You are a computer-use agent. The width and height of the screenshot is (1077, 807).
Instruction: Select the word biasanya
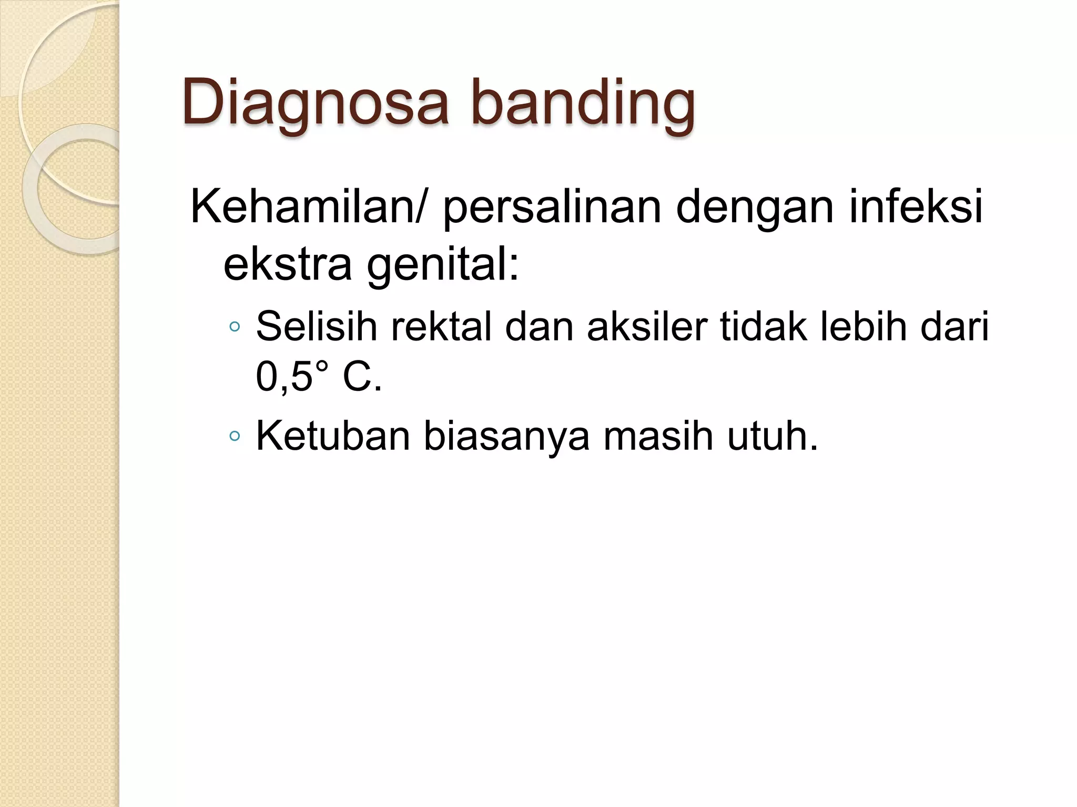click(x=506, y=437)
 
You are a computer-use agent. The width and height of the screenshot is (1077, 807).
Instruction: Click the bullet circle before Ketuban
click(x=235, y=436)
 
